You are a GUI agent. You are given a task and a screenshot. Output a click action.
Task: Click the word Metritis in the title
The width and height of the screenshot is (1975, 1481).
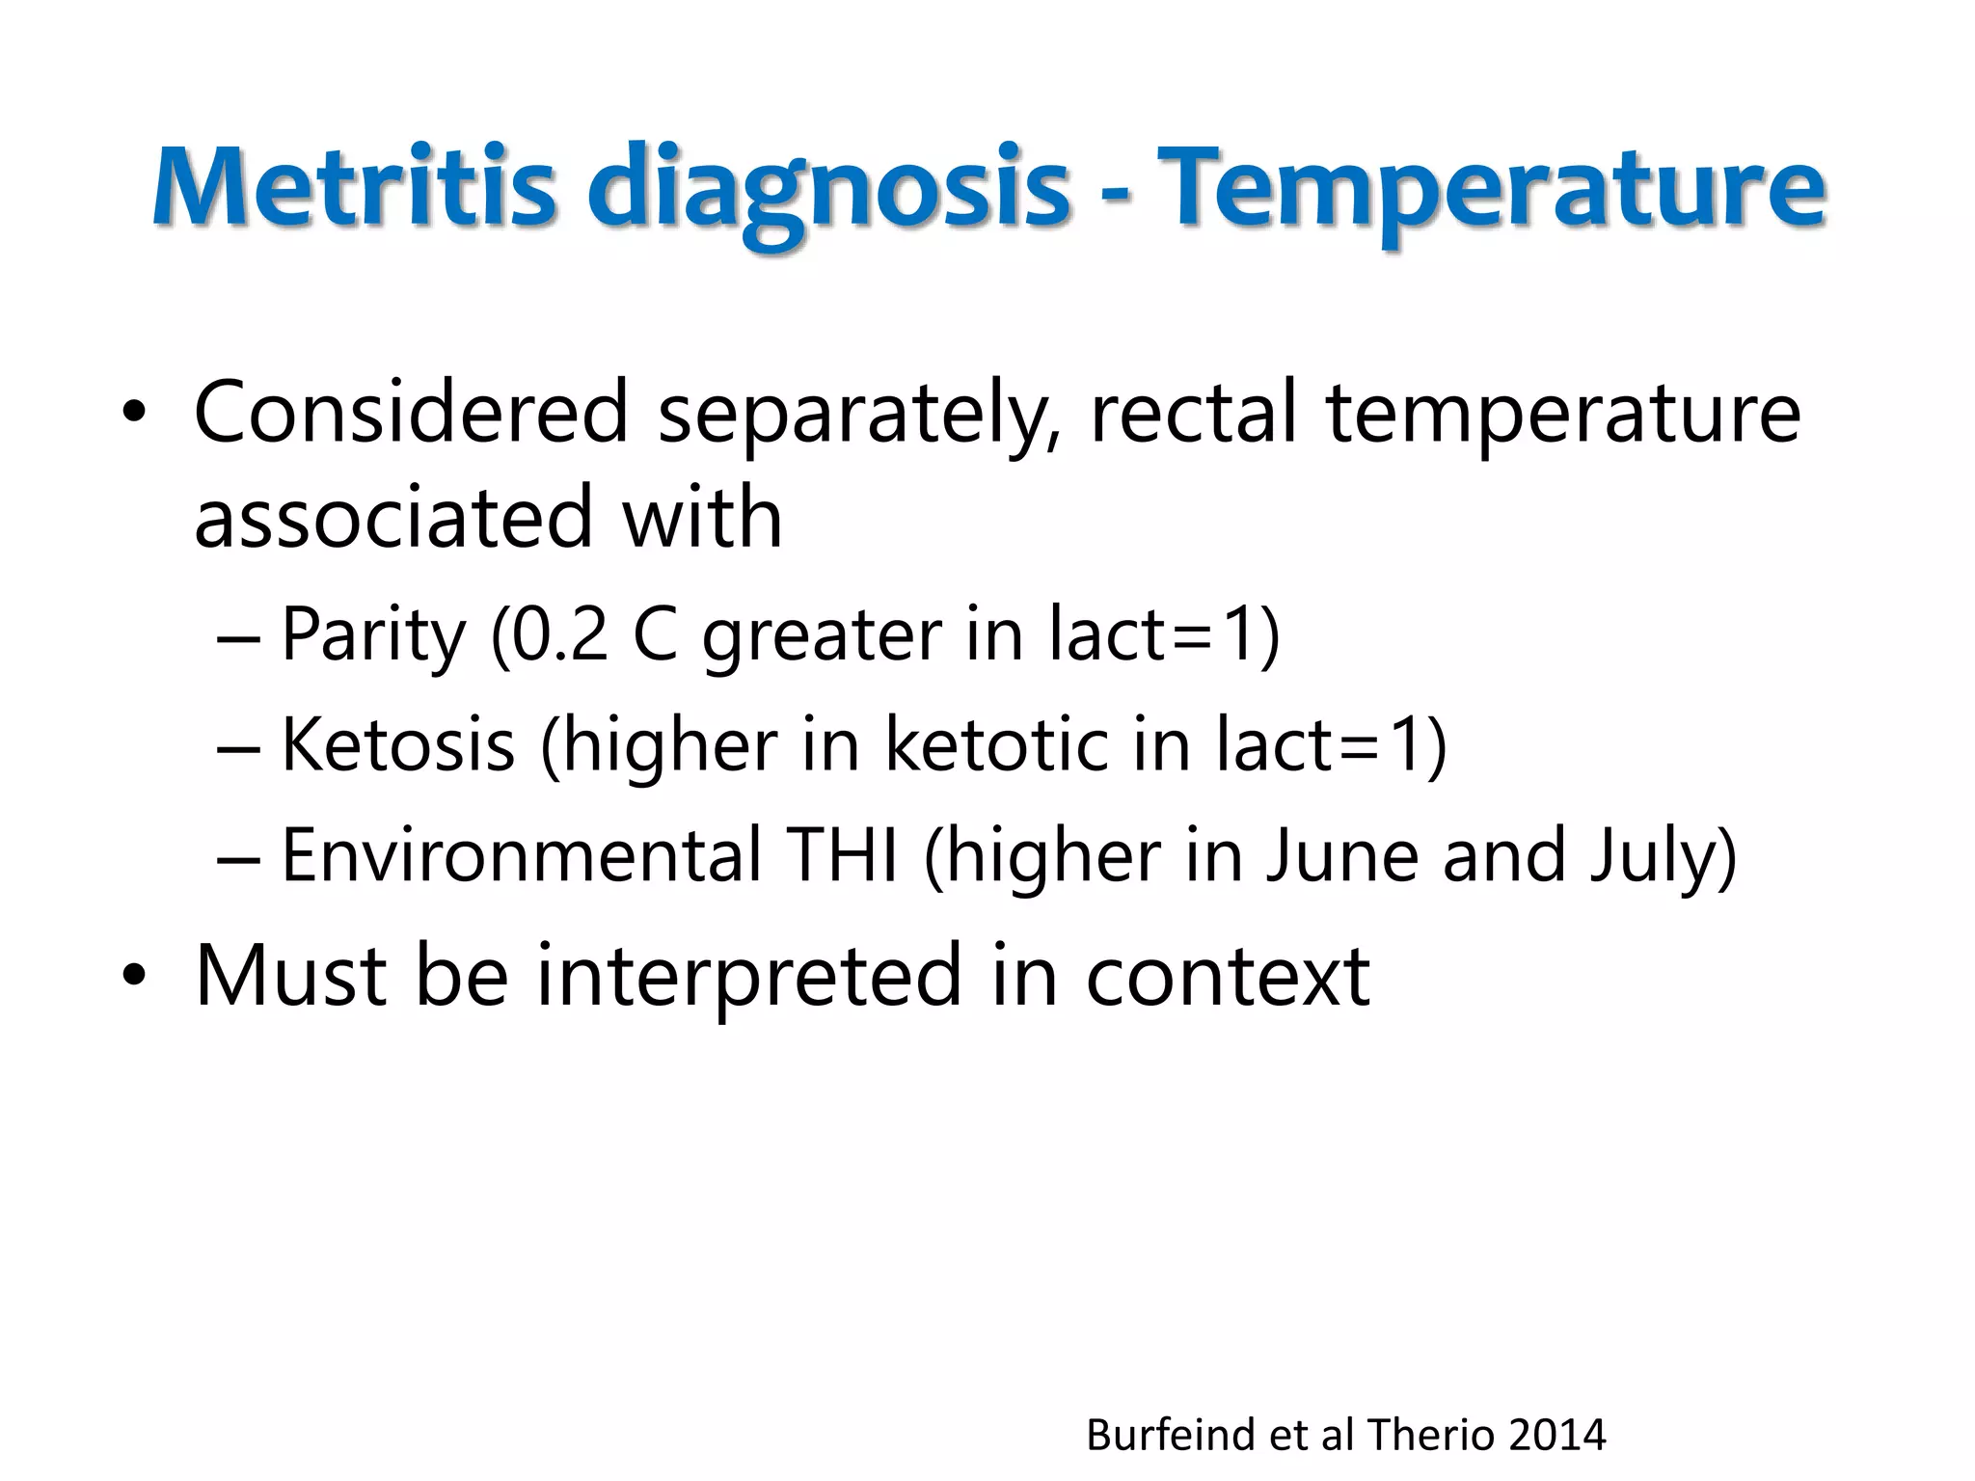pyautogui.click(x=353, y=185)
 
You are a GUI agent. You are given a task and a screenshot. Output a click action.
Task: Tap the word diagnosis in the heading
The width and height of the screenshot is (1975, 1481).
pyautogui.click(x=829, y=190)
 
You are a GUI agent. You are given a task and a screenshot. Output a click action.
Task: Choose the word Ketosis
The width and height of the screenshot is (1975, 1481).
pyautogui.click(x=398, y=744)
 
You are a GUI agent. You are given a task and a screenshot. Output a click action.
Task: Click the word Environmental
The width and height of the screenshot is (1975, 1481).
pyautogui.click(x=521, y=855)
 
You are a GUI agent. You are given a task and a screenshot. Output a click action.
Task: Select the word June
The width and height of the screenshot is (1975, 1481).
pyautogui.click(x=1341, y=855)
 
